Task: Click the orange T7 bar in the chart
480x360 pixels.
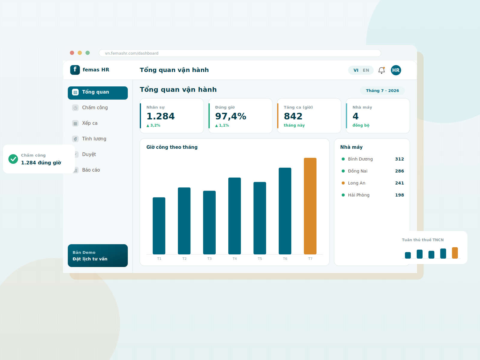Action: pos(310,206)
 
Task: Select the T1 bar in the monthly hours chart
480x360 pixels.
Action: pos(159,226)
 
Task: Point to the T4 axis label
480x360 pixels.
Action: pos(235,259)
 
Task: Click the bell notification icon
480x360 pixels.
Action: pos(382,70)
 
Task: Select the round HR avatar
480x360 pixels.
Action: pos(396,70)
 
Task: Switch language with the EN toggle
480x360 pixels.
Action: pos(366,70)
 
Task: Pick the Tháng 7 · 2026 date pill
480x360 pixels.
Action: pos(382,91)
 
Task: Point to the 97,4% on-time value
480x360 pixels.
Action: pos(231,116)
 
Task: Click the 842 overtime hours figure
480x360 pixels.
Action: pos(293,116)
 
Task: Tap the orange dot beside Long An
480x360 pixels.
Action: pos(343,183)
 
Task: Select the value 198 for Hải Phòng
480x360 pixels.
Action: pos(399,195)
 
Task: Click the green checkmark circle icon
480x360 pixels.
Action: pos(13,159)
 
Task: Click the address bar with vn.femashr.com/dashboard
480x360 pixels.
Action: pos(240,53)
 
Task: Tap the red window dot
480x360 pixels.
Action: pos(72,53)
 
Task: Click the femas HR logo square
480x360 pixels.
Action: pos(75,70)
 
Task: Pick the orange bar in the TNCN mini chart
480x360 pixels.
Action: pos(455,253)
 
